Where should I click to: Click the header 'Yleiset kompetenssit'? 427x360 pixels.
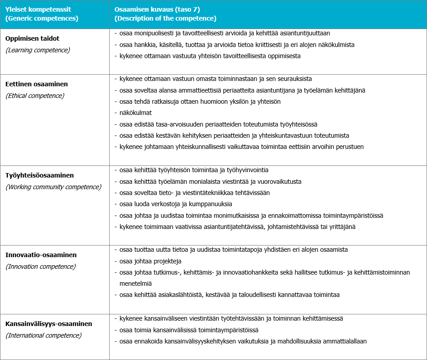point(39,9)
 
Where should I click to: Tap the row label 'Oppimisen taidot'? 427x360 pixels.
point(32,38)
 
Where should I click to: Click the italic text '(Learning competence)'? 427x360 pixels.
point(38,50)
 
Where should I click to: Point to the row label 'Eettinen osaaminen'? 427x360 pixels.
point(37,84)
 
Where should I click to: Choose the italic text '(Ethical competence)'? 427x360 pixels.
point(35,95)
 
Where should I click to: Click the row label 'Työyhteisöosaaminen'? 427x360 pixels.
point(40,175)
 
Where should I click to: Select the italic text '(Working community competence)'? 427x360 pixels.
point(53,187)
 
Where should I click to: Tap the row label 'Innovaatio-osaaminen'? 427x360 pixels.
point(41,255)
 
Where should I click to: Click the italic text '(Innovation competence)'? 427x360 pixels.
point(41,267)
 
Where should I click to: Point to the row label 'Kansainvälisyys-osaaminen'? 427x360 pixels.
point(49,323)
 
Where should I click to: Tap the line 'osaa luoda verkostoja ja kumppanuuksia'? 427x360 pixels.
point(176,204)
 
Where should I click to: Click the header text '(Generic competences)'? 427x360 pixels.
point(42,19)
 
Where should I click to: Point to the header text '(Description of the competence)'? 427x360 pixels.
point(166,19)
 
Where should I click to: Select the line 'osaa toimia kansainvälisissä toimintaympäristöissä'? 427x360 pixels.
point(189,330)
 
